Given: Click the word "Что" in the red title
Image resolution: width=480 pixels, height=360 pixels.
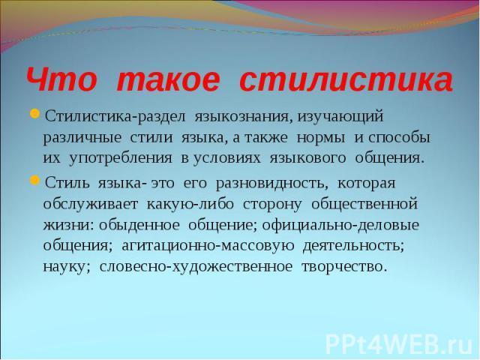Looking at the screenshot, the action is pyautogui.click(x=61, y=81).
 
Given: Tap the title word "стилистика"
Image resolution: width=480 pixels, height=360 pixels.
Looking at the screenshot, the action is pyautogui.click(x=346, y=81).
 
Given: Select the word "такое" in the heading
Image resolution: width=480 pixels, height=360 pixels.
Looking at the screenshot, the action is pyautogui.click(x=168, y=81).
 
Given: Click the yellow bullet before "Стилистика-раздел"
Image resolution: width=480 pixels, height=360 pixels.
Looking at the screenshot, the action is pyautogui.click(x=34, y=115).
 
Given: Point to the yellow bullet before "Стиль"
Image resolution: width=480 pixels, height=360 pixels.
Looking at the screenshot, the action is pyautogui.click(x=34, y=180).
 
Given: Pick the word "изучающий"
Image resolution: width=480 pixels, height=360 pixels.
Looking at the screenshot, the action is pyautogui.click(x=340, y=118).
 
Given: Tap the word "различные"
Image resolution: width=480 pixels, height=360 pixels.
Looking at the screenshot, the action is pyautogui.click(x=82, y=138).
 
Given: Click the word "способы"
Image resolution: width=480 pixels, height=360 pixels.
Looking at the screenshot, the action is pyautogui.click(x=399, y=137).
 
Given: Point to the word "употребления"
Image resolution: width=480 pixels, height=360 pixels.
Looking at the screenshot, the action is pyautogui.click(x=121, y=158).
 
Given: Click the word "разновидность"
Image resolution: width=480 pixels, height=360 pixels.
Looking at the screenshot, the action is pyautogui.click(x=270, y=183).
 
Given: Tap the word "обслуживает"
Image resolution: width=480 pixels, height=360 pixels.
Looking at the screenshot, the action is pyautogui.click(x=91, y=204).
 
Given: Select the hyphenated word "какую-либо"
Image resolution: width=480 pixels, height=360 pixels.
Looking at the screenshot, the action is pyautogui.click(x=190, y=204).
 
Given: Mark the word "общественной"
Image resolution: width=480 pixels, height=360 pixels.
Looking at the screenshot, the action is pyautogui.click(x=364, y=204).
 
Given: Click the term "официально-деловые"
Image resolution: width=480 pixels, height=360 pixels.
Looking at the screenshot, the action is pyautogui.click(x=340, y=225).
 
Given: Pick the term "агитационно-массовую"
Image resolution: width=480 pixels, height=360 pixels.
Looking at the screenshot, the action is pyautogui.click(x=208, y=246).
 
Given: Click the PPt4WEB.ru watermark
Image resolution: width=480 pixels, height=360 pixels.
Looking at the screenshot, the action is pyautogui.click(x=399, y=345).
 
